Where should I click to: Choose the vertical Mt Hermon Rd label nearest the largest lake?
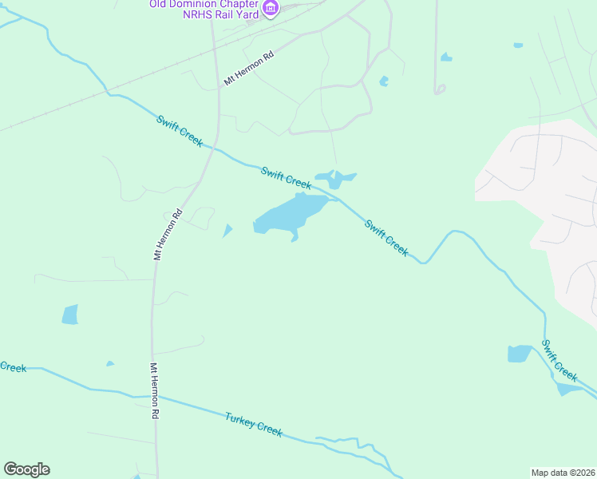tap(168, 235)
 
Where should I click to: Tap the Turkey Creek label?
tap(254, 424)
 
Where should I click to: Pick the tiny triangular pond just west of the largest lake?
tap(227, 231)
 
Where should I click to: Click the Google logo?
tap(26, 469)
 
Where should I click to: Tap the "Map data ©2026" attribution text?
tap(563, 472)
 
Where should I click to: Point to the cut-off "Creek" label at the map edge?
tap(13, 367)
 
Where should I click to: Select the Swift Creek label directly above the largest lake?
tap(286, 178)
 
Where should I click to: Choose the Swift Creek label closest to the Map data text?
tap(559, 360)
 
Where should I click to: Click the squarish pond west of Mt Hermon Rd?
tap(70, 315)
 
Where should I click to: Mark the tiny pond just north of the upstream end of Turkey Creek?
tap(110, 364)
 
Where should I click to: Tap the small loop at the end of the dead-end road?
tap(439, 89)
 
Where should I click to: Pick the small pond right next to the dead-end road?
tap(445, 57)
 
